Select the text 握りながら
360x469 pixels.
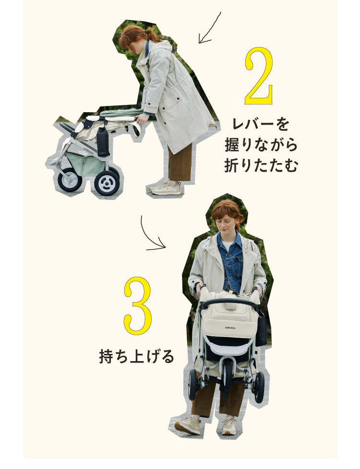pyautogui.click(x=261, y=145)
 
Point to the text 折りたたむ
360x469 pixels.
pyautogui.click(x=261, y=165)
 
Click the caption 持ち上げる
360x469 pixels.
pyautogui.click(x=136, y=356)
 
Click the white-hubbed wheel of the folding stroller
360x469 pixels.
pyautogui.click(x=107, y=183)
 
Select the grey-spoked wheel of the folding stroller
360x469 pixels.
pyautogui.click(x=70, y=179)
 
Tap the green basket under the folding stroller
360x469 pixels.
pyautogui.click(x=85, y=164)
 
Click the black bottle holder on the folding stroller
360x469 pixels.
pyautogui.click(x=103, y=141)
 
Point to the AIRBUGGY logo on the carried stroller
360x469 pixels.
pyautogui.click(x=230, y=328)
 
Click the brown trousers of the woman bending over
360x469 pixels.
pyautogui.click(x=180, y=163)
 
